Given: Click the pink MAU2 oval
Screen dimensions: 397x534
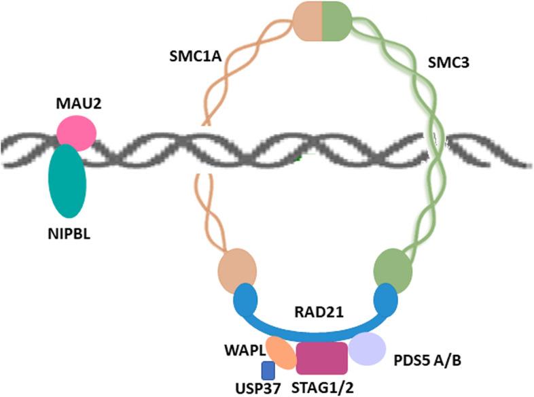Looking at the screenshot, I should tap(76, 132).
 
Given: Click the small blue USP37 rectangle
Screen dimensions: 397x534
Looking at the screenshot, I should tap(268, 370).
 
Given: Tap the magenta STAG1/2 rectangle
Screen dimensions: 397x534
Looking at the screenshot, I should tap(322, 357).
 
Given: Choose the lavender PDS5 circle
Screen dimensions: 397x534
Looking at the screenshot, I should tap(368, 348).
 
